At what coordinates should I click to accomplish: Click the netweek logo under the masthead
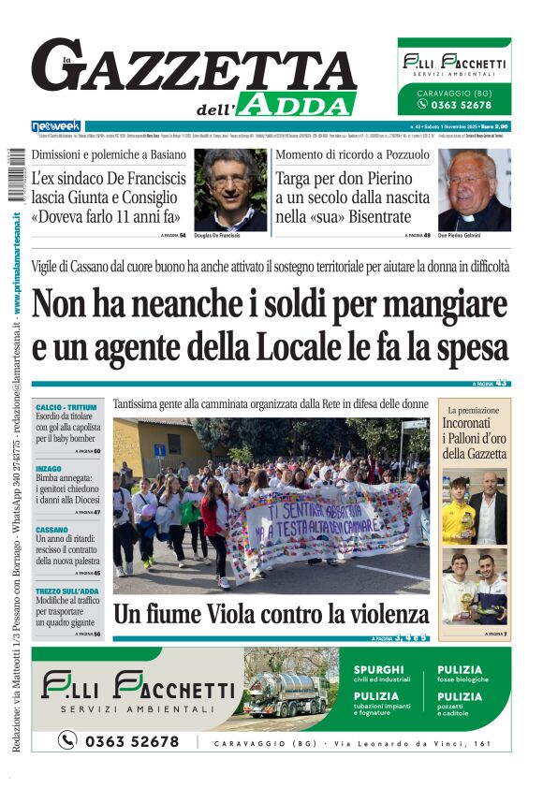56,125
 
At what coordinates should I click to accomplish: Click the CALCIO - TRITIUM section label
66,408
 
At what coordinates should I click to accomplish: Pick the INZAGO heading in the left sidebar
49,468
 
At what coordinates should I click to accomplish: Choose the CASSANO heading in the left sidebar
52,528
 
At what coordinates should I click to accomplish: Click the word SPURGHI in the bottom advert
379,670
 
